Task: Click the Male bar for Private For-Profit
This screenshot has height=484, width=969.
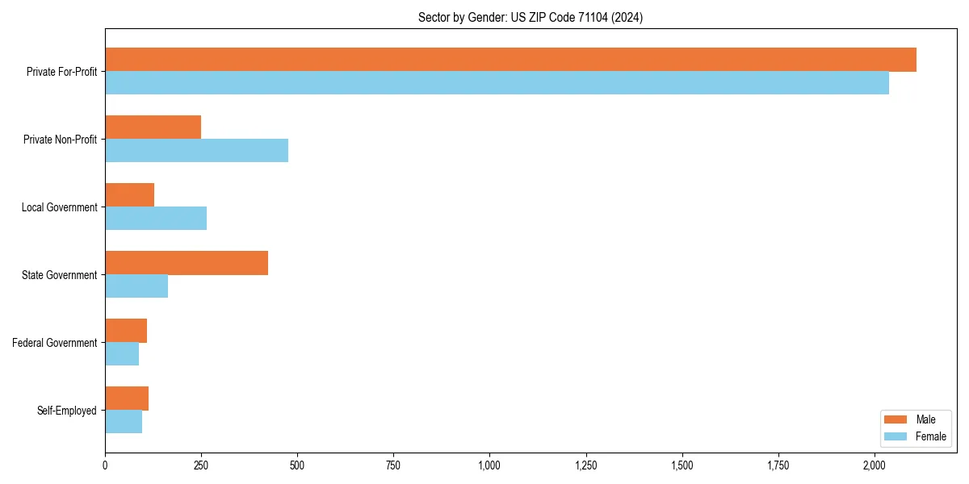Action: tap(510, 60)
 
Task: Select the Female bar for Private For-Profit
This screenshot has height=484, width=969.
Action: tap(497, 83)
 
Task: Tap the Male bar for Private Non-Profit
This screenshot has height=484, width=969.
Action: tap(153, 127)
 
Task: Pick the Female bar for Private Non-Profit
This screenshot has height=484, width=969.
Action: tap(196, 151)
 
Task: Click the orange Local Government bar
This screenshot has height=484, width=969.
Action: tap(129, 195)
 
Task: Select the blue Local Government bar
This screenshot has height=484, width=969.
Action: tap(156, 219)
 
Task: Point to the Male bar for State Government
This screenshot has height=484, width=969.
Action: tap(187, 263)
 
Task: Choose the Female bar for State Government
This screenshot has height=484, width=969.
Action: tap(136, 286)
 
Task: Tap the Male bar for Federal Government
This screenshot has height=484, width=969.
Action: tap(126, 331)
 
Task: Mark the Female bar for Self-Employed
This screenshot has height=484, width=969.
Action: tap(124, 422)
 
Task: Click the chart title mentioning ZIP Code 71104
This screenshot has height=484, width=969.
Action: tap(531, 17)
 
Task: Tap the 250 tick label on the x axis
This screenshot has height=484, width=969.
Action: tap(201, 465)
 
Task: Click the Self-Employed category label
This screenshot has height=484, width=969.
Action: tap(67, 411)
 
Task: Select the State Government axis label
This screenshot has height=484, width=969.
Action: tap(60, 275)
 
